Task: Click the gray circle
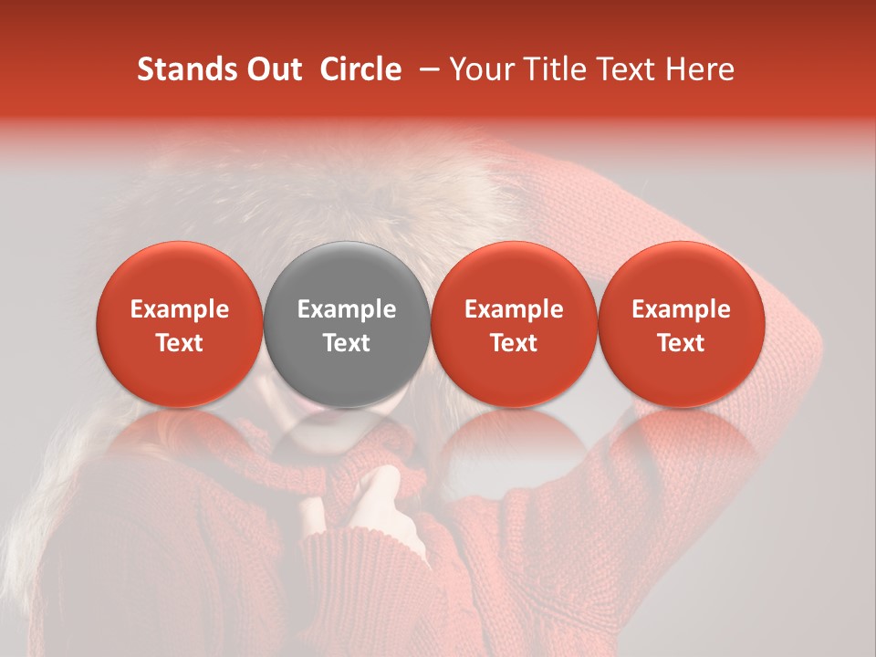347,324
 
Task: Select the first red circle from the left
180,324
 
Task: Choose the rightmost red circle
682,324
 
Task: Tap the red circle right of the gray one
514,324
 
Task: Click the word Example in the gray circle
347,309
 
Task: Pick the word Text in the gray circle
347,343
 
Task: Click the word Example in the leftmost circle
180,309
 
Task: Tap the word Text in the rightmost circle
682,343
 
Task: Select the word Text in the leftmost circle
180,343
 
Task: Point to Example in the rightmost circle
682,309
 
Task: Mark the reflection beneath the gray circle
347,433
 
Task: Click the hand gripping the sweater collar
392,511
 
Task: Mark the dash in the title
424,69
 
